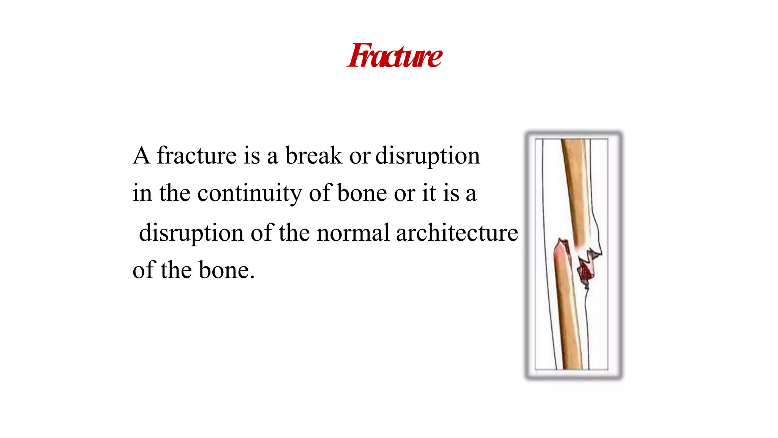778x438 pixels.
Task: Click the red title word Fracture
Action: click(395, 56)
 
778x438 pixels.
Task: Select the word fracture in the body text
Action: click(197, 156)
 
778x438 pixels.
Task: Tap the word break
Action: click(313, 156)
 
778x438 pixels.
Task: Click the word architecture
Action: click(457, 233)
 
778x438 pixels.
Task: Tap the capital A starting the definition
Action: click(141, 156)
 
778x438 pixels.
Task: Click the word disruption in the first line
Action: click(428, 156)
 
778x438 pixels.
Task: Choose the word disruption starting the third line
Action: click(191, 233)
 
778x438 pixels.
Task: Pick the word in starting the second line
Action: click(142, 193)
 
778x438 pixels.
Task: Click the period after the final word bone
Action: click(252, 278)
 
